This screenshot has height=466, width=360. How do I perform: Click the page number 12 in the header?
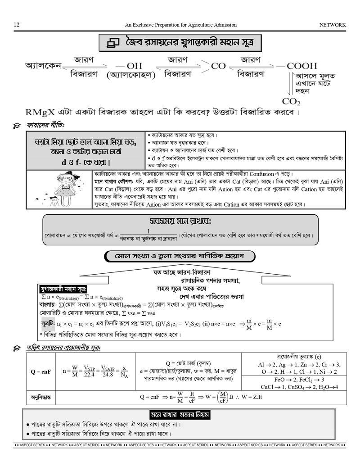(x=16, y=25)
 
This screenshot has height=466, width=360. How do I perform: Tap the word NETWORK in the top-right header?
(x=333, y=25)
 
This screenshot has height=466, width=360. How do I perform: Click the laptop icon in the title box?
(x=112, y=43)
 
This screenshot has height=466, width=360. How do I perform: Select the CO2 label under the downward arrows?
(x=291, y=101)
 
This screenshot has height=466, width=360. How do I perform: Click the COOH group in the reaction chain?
(x=302, y=66)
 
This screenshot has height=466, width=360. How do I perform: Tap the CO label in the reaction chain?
(x=218, y=66)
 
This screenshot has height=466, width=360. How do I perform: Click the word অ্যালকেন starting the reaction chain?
(x=43, y=66)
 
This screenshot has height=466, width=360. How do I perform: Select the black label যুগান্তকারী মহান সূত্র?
(x=63, y=289)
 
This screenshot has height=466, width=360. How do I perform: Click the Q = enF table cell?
(x=41, y=372)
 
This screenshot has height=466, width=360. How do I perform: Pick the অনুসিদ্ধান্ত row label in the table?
(x=41, y=398)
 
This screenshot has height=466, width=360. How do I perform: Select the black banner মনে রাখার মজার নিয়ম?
(x=180, y=415)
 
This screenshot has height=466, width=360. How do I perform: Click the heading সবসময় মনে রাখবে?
(x=180, y=222)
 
